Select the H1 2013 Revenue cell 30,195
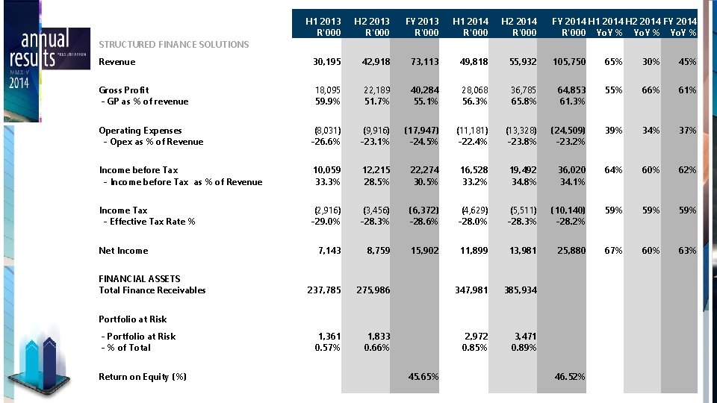[x=326, y=62]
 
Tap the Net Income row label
[x=123, y=251]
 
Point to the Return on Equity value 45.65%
[x=422, y=377]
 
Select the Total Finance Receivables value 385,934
[x=519, y=290]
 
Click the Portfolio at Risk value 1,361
[x=329, y=337]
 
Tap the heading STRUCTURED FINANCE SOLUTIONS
[x=174, y=45]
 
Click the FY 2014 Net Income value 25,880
[x=571, y=251]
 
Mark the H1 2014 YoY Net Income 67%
[x=613, y=251]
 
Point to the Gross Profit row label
[x=124, y=90]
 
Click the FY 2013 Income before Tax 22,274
[x=422, y=170]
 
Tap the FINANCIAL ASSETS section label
[x=140, y=279]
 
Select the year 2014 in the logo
[x=20, y=83]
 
